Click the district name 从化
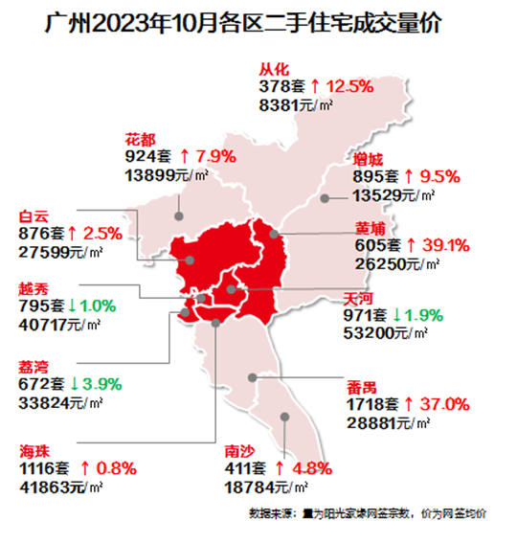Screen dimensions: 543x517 click(x=275, y=68)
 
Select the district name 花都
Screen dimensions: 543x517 click(x=140, y=136)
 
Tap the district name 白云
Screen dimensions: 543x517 click(x=33, y=216)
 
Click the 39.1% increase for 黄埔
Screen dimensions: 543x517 click(x=446, y=246)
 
